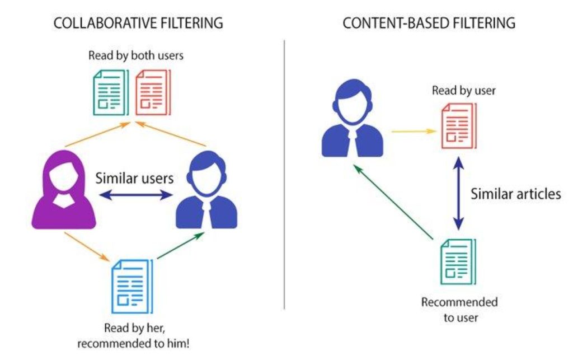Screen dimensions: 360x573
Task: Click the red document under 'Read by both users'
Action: click(x=152, y=92)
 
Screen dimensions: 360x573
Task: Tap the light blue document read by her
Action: click(x=131, y=286)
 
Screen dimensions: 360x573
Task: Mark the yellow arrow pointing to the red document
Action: click(x=414, y=132)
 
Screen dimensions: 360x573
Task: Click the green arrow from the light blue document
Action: click(x=180, y=247)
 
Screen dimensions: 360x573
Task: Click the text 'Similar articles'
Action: click(x=515, y=194)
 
